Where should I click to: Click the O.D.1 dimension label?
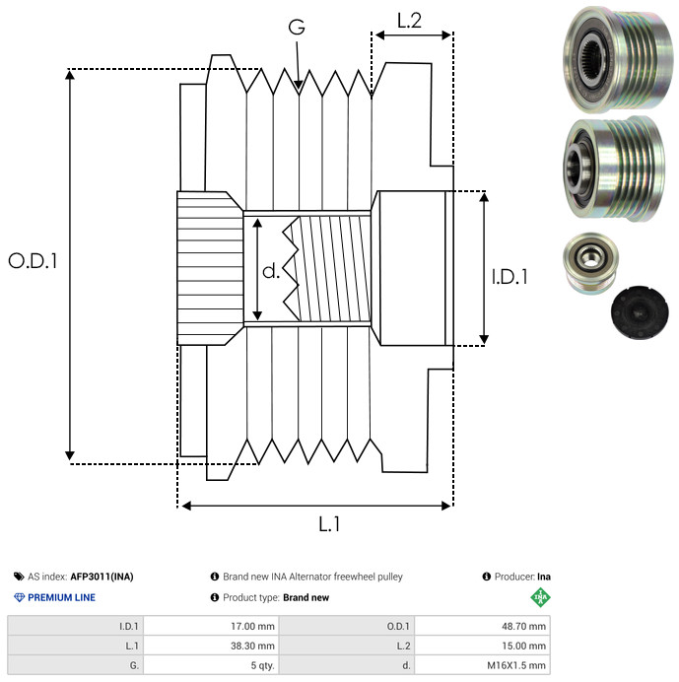tap(34, 261)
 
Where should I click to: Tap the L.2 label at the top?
tap(409, 19)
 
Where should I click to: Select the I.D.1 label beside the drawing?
tap(509, 278)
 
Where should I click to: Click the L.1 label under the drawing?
tap(329, 525)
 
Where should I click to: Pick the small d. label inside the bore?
tap(271, 269)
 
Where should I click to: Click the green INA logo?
tap(538, 597)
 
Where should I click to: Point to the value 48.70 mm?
tap(522, 625)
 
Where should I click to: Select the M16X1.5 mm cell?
tap(513, 665)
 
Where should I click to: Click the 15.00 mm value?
tap(522, 645)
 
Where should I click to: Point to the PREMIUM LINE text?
tap(62, 597)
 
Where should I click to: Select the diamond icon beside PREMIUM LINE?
tap(19, 597)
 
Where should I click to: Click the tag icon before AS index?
tap(19, 577)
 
